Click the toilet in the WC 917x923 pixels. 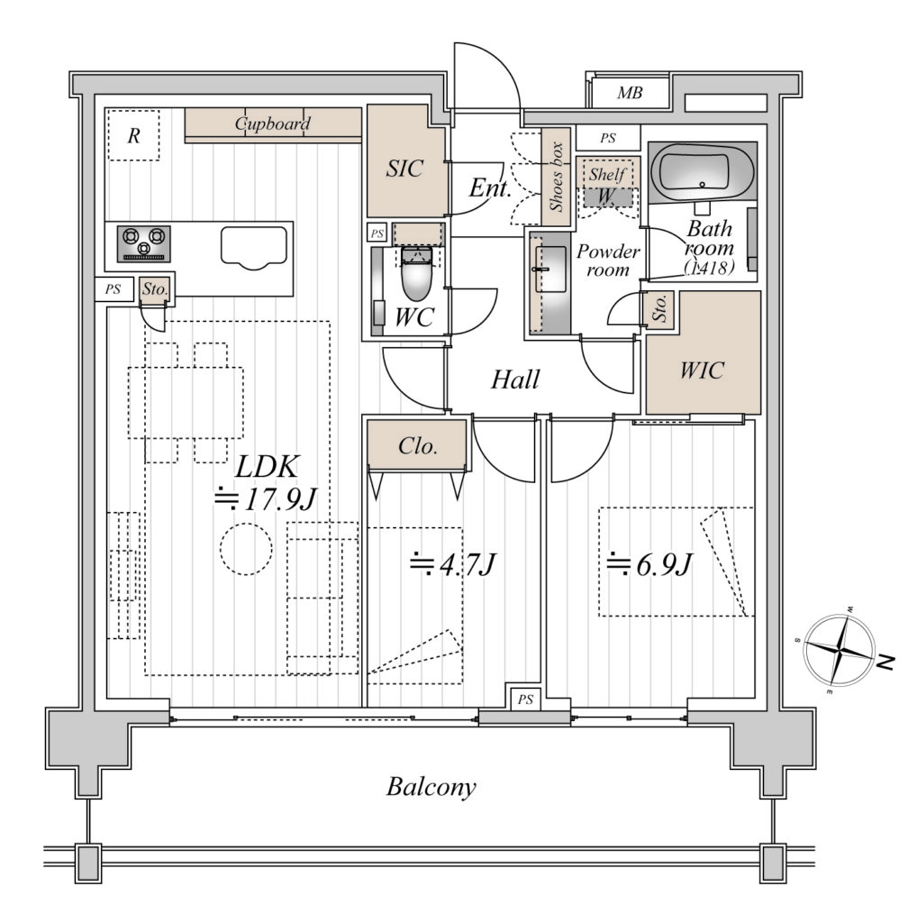[x=416, y=274]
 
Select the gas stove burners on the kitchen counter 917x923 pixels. [x=143, y=243]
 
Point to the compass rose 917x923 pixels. [x=839, y=652]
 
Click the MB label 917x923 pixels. [x=630, y=93]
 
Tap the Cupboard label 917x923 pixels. [x=272, y=123]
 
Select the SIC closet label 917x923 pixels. [x=404, y=169]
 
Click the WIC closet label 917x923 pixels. [x=702, y=370]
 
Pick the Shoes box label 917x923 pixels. [x=557, y=177]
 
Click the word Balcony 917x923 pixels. [x=431, y=787]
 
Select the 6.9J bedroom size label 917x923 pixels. [x=650, y=564]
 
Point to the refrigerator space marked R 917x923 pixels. [x=133, y=135]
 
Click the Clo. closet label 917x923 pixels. [x=418, y=446]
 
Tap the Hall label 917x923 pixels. [x=515, y=379]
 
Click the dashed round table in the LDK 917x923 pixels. [x=247, y=549]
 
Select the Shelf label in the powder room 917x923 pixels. [x=608, y=174]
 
